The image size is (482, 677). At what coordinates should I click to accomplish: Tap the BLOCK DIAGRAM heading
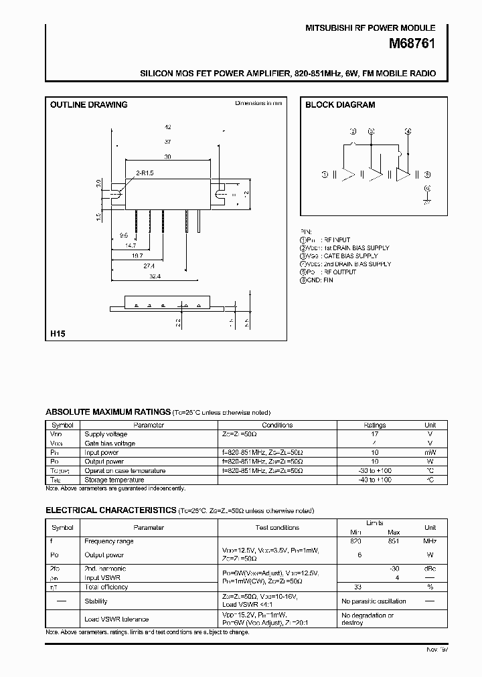340,105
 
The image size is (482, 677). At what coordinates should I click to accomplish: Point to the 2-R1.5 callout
145,173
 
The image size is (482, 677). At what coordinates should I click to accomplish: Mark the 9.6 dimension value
123,235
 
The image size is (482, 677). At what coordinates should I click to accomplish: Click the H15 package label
58,333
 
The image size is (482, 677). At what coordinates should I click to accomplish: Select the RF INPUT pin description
336,240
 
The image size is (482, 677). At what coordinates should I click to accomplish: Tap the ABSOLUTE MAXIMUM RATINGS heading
107,413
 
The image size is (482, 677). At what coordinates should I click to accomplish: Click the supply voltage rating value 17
375,434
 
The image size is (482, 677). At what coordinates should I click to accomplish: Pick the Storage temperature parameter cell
114,480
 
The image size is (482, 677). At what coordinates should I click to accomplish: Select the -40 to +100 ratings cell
375,480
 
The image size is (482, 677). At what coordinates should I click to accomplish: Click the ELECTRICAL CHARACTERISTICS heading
110,510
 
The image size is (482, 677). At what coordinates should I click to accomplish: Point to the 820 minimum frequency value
356,541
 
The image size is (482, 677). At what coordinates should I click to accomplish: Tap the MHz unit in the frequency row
430,541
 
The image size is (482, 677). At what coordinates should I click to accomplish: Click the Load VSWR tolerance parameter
116,619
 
